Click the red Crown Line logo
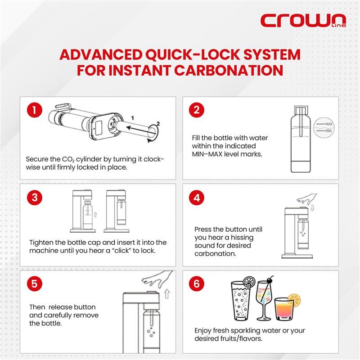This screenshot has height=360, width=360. (x=303, y=20)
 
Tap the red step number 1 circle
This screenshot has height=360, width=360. (x=35, y=110)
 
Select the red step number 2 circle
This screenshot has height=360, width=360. (x=197, y=110)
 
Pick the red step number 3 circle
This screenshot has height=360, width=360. (x=35, y=198)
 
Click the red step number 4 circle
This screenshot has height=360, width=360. (x=197, y=198)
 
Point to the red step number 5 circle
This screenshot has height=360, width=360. (x=35, y=284)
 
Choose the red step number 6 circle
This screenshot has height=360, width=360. (x=197, y=284)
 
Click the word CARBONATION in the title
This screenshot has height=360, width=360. (x=229, y=70)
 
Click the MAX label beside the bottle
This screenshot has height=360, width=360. (x=328, y=124)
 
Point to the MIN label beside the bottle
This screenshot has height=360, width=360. (x=328, y=131)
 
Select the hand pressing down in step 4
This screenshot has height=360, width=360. (x=307, y=199)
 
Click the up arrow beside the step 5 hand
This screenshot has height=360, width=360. (x=167, y=294)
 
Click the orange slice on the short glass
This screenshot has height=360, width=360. (x=294, y=300)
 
